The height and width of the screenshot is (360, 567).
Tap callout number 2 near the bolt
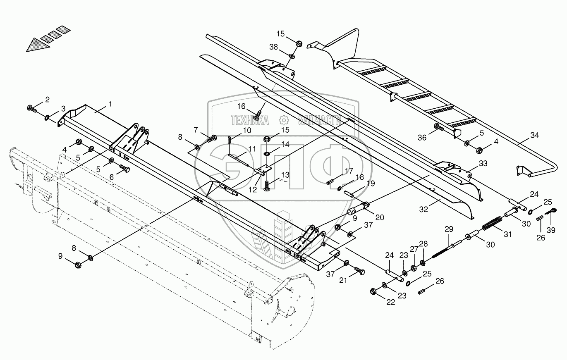coord(47,99)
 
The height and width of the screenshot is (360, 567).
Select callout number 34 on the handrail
coord(535,135)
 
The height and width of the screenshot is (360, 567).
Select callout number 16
coord(242,106)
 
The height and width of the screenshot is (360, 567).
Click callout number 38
coord(273,48)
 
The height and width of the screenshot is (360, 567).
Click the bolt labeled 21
coord(359,271)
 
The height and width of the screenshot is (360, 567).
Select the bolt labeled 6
coord(124,169)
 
